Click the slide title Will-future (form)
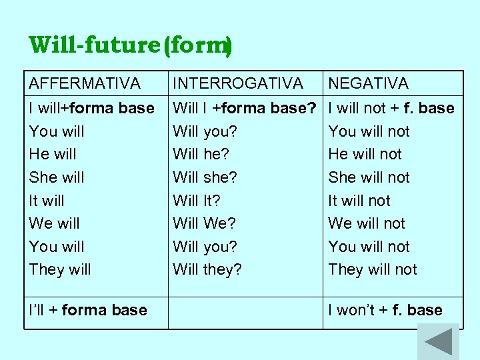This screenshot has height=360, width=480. coord(131,46)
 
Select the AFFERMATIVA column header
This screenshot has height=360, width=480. coord(85,83)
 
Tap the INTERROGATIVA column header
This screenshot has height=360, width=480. coord(238,83)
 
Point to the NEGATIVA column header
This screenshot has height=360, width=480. coord(368,83)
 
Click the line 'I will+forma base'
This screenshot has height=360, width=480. coord(91,108)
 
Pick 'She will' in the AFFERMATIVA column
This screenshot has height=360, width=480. coord(57,177)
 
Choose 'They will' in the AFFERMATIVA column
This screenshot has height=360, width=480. coord(60,269)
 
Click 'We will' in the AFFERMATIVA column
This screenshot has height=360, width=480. coord(54,223)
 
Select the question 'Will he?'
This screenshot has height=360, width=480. coord(201,154)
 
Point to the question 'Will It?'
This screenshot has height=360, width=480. coord(196,200)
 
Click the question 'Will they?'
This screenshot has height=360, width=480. coord(207,269)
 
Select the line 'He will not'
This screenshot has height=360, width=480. coord(365,154)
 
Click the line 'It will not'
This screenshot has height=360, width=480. coord(359,200)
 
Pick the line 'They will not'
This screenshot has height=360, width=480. coord(372,269)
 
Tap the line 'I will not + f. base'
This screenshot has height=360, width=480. coord(391,108)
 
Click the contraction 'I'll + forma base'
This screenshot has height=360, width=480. coord(88,310)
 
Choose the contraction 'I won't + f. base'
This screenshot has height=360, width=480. coord(385,310)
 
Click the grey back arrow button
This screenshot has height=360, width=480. coord(438,342)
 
